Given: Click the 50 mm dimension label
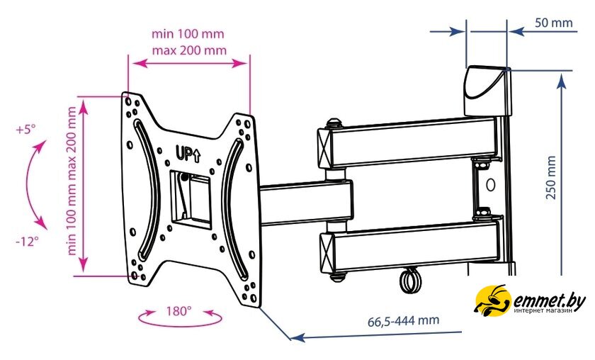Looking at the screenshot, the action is [553, 23].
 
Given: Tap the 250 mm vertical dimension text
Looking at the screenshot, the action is [551, 177].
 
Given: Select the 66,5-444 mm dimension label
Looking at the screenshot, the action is [403, 320].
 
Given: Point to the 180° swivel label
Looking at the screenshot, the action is [178, 311].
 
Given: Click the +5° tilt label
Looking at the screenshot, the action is [25, 129].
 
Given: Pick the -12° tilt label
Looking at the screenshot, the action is [27, 241].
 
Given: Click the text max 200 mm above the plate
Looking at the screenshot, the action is [189, 50].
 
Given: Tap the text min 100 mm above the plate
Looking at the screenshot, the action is [188, 33].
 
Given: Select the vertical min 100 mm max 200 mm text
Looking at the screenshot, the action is [72, 181].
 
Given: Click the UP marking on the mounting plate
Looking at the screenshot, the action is [188, 154].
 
